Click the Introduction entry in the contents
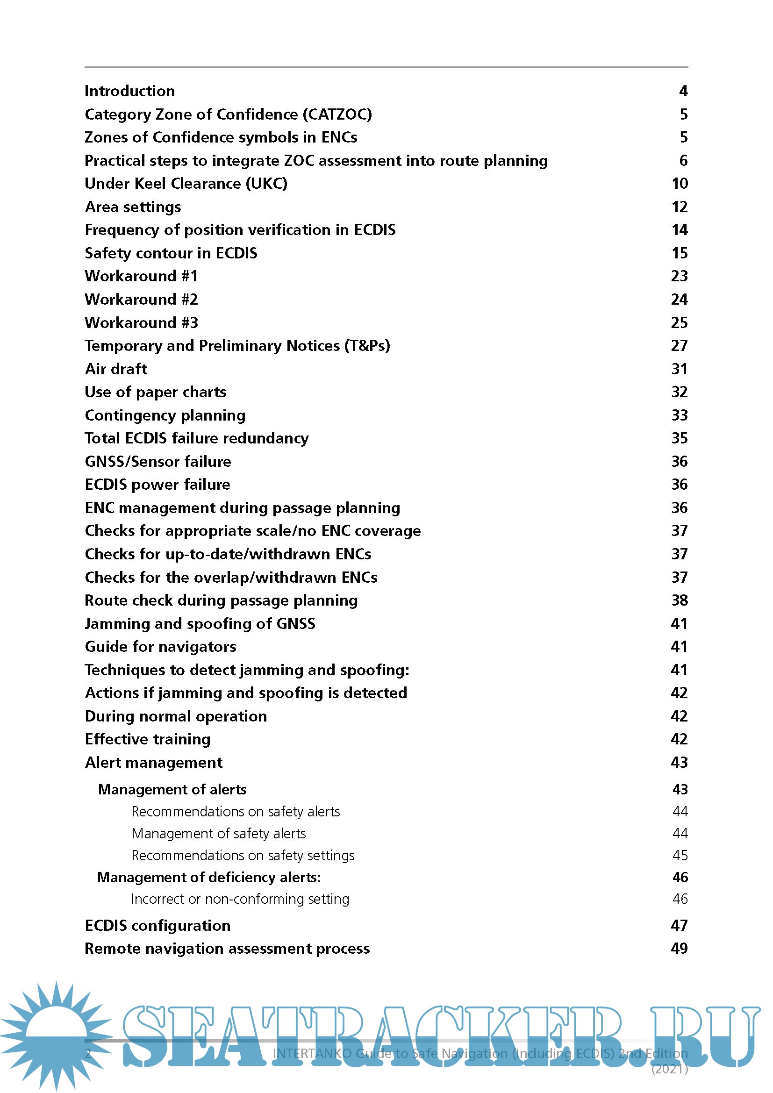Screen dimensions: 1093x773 pyautogui.click(x=129, y=91)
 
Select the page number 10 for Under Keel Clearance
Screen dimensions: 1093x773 pyautogui.click(x=679, y=184)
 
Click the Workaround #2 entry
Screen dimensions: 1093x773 pyautogui.click(x=141, y=300)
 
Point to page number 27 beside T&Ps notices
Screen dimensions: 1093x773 pyautogui.click(x=679, y=346)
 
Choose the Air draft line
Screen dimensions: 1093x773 pyautogui.click(x=116, y=369)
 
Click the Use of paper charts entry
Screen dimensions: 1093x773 pyautogui.click(x=155, y=392)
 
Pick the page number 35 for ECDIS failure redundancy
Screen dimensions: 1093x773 pyautogui.click(x=679, y=438)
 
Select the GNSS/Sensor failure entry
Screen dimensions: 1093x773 pyautogui.click(x=157, y=461)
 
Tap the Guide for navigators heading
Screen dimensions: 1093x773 pyautogui.click(x=160, y=646)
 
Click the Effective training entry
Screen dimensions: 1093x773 pyautogui.click(x=148, y=739)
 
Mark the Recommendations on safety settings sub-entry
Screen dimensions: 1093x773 pyautogui.click(x=243, y=856)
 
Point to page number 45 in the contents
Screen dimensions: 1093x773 pyautogui.click(x=680, y=856)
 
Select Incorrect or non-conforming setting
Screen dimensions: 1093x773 pyautogui.click(x=240, y=899)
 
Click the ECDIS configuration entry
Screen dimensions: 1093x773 pyautogui.click(x=157, y=925)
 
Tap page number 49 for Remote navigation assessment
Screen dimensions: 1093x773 pyautogui.click(x=679, y=948)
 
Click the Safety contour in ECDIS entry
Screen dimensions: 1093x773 pyautogui.click(x=171, y=253)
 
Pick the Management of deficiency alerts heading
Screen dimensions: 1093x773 pyautogui.click(x=209, y=878)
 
